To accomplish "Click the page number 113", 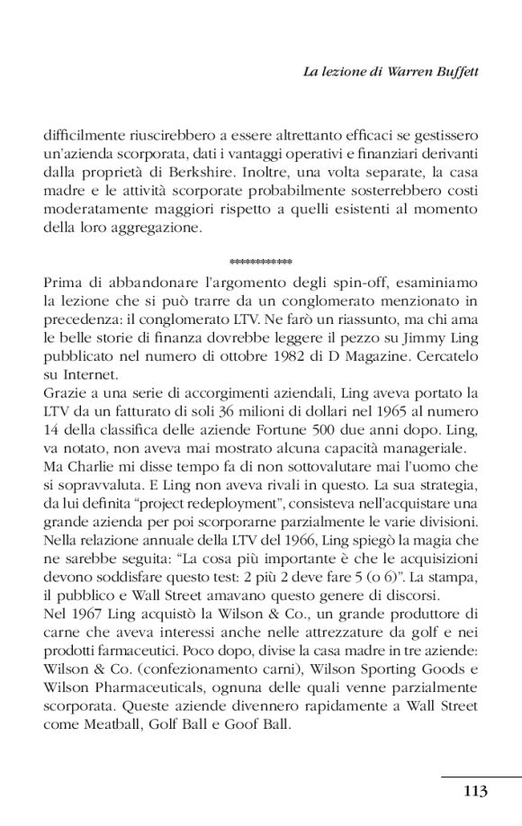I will [475, 792].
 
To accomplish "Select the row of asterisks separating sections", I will [261, 263].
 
